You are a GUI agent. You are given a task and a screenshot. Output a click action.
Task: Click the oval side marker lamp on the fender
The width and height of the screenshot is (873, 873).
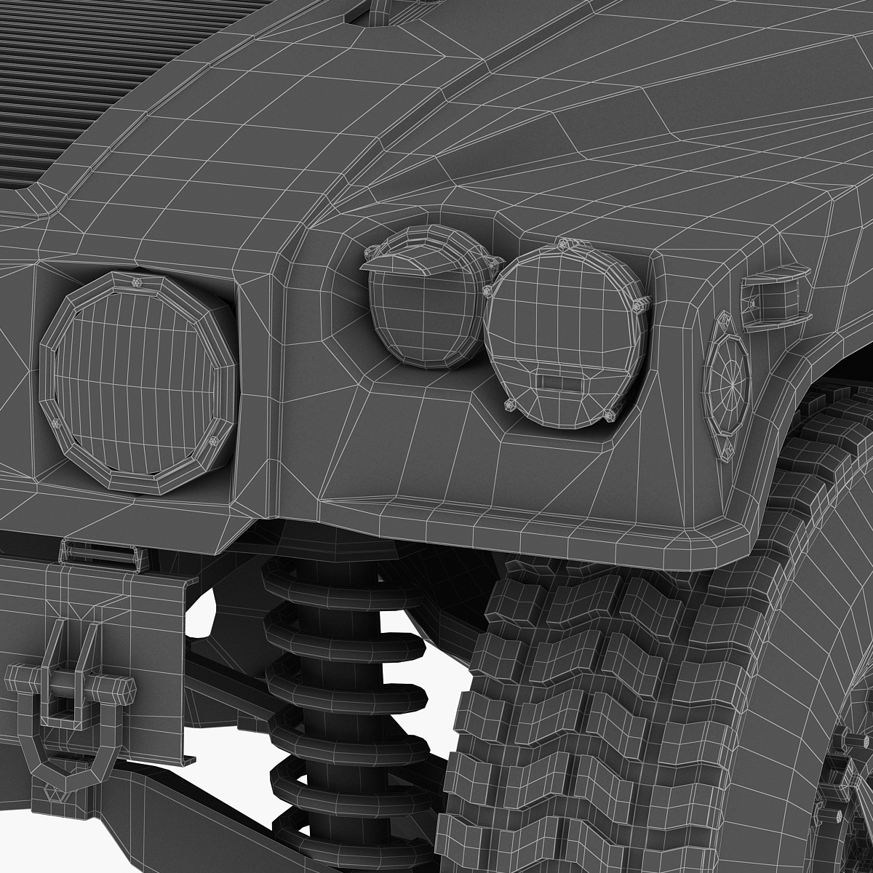[727, 386]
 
